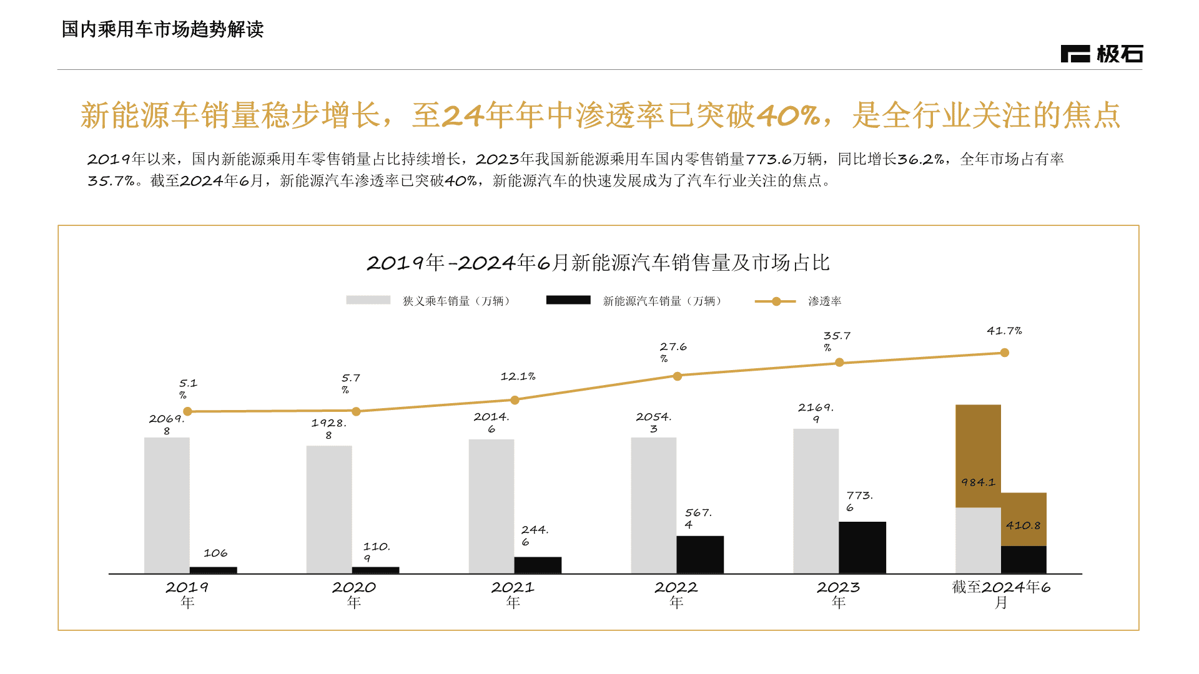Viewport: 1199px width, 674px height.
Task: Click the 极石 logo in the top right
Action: [1102, 54]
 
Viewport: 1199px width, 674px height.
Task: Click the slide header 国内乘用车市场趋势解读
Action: [162, 29]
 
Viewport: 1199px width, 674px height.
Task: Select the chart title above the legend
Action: [598, 263]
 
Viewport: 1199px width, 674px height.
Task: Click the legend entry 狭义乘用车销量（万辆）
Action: [456, 301]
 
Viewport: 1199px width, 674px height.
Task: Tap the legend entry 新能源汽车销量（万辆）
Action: [662, 301]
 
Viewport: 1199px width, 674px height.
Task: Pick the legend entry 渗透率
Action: [824, 301]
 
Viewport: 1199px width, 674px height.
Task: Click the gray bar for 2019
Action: [167, 506]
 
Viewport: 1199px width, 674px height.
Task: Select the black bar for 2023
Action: [862, 547]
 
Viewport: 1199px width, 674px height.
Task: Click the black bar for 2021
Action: [538, 565]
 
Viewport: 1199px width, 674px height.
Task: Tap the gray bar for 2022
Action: [653, 506]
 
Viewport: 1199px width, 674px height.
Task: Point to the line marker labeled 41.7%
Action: [1004, 353]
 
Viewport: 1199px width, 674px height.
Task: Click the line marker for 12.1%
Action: [515, 400]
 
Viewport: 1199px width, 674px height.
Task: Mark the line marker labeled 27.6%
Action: [677, 376]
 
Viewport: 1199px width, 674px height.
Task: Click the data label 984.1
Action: [978, 482]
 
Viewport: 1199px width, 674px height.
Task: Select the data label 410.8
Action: [1023, 525]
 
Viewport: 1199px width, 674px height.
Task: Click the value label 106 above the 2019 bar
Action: [215, 553]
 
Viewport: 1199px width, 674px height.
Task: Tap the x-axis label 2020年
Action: [353, 594]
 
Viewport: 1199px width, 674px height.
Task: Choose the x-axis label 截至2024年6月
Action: [1001, 594]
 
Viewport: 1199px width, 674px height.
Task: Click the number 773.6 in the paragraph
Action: [768, 159]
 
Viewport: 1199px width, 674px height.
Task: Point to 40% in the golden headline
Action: [788, 115]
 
